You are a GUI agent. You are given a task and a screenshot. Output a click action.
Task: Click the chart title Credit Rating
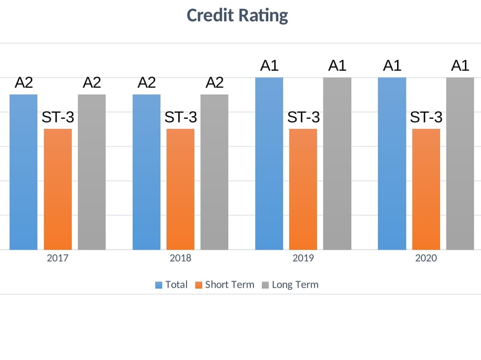coord(237,16)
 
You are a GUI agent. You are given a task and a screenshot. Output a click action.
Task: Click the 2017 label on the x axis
coord(57,258)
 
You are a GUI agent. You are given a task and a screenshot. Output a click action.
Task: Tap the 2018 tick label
coord(180,258)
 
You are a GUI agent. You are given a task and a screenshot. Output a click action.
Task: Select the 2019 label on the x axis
coord(303,258)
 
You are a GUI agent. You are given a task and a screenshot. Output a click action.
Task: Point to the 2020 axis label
coord(426,258)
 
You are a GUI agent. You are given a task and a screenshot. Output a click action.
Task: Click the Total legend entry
coord(172,285)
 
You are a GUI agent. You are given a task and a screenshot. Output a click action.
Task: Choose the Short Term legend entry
coord(225,285)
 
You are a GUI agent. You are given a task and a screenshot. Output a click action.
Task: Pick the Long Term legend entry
coord(290,285)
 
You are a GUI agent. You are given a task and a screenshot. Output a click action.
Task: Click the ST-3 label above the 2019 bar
coord(304,117)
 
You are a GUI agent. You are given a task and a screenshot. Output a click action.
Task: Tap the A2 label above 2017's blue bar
coord(24,82)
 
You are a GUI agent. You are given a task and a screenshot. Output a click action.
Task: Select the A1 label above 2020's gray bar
coord(460,66)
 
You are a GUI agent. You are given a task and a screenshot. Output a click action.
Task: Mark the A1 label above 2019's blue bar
coord(269,66)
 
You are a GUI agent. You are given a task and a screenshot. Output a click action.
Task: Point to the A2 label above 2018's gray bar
coord(214,82)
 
